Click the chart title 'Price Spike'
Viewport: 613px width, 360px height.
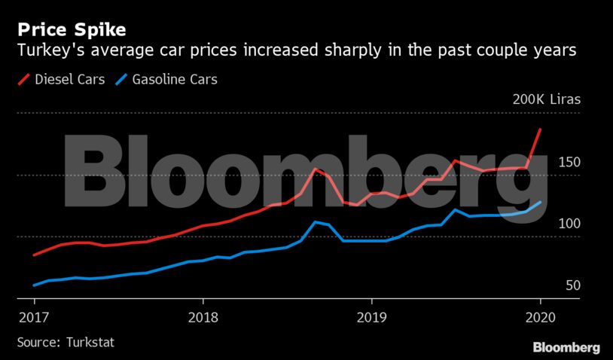72,31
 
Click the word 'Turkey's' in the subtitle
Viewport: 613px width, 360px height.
47,51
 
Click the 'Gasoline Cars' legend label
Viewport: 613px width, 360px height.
175,79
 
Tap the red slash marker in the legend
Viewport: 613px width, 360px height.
24,79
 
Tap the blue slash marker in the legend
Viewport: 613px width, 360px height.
121,79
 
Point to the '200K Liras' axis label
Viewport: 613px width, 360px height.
546,100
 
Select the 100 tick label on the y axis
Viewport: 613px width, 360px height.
568,224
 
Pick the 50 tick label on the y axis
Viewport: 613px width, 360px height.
572,285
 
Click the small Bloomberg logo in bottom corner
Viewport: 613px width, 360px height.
566,347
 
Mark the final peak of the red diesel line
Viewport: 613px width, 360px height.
540,130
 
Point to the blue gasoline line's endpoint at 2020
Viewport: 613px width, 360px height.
540,202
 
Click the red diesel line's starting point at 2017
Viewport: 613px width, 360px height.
35,255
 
